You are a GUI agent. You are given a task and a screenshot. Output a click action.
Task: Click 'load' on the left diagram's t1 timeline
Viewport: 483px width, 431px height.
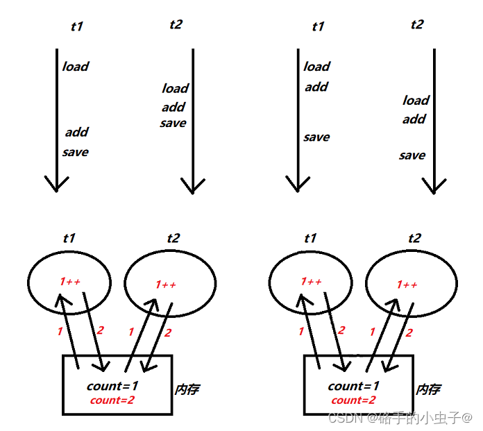click(76, 67)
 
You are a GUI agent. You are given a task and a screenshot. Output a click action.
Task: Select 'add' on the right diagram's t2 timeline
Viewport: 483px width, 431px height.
click(414, 119)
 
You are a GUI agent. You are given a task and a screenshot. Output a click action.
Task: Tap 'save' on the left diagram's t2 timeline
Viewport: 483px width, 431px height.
click(173, 123)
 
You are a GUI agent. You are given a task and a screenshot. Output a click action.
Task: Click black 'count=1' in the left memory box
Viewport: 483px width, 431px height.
click(112, 386)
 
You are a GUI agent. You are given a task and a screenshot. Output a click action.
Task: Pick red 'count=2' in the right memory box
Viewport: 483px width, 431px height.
click(354, 400)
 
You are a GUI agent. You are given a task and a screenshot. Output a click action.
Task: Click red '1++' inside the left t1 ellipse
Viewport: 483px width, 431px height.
click(70, 282)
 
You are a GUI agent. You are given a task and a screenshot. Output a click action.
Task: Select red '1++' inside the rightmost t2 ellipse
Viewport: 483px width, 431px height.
click(407, 285)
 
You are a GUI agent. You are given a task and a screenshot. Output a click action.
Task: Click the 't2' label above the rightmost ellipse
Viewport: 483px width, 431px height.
click(414, 238)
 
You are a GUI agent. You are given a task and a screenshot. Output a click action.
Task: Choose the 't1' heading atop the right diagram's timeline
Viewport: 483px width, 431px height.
click(318, 27)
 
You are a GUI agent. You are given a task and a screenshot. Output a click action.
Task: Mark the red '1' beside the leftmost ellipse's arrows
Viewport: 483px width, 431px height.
click(60, 332)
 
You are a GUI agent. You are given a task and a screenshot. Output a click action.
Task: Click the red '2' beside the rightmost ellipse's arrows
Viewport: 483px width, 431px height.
click(408, 333)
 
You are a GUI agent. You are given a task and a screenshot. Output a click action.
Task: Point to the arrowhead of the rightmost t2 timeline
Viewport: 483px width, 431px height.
click(434, 187)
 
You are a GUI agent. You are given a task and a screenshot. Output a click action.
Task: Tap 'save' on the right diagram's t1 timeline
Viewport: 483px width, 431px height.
click(316, 137)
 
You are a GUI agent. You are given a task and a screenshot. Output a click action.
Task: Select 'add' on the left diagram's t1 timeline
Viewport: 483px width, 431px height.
click(77, 132)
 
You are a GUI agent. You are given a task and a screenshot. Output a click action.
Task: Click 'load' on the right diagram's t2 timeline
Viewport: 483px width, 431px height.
click(416, 101)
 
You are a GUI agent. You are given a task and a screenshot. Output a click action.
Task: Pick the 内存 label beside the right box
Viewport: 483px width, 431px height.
click(428, 389)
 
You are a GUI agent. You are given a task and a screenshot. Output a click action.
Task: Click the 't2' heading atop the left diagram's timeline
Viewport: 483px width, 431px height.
click(176, 25)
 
